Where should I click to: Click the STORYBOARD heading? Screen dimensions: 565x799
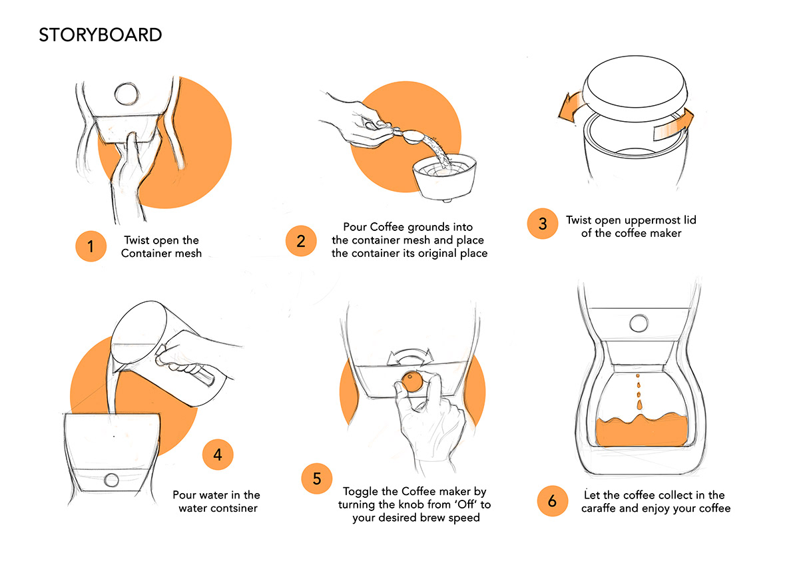[101, 35]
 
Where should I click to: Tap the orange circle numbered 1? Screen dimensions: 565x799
[91, 247]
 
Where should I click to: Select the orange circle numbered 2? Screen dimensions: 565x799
[301, 240]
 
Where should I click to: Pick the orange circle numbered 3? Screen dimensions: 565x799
[543, 224]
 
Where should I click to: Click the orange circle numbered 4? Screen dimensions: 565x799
[218, 455]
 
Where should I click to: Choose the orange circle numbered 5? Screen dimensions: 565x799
[317, 478]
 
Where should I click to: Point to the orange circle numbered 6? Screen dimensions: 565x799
[552, 501]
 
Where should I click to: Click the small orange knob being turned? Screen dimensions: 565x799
[411, 381]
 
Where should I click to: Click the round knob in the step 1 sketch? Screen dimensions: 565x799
[124, 94]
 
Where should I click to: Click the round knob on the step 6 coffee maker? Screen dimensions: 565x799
[638, 323]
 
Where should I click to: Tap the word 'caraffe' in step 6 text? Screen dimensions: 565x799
[603, 508]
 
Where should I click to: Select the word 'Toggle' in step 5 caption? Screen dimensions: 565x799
[360, 492]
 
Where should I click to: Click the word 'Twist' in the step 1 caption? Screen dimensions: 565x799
[138, 240]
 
